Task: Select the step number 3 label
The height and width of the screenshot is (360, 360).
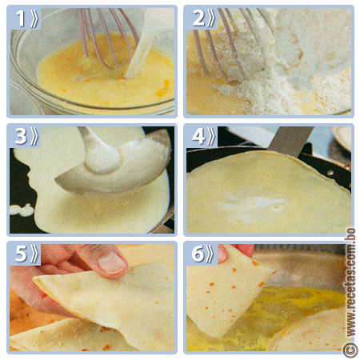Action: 27,138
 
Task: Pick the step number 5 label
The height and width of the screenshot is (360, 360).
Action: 27,254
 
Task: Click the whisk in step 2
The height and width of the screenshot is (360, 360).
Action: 232,44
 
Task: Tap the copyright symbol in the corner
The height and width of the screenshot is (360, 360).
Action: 350,350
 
